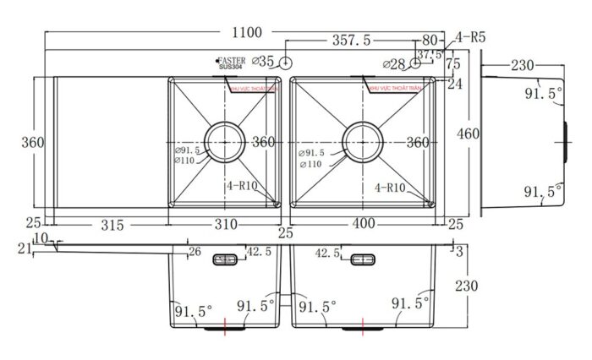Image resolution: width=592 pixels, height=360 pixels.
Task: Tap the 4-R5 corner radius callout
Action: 469,37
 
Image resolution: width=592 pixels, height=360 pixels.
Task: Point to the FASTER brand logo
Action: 231,61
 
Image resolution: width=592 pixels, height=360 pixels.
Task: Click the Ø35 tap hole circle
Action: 287,63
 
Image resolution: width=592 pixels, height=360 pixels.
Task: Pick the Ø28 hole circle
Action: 415,63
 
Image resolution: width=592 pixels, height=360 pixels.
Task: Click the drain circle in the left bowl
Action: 225,141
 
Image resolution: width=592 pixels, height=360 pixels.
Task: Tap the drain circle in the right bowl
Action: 364,141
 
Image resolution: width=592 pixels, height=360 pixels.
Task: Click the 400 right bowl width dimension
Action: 363,225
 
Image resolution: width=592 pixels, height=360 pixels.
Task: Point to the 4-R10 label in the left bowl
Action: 243,188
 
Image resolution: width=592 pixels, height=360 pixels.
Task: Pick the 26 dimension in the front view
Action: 195,251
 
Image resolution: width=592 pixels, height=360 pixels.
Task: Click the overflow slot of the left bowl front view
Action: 226,258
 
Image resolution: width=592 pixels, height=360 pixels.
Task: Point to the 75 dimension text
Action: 452,63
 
